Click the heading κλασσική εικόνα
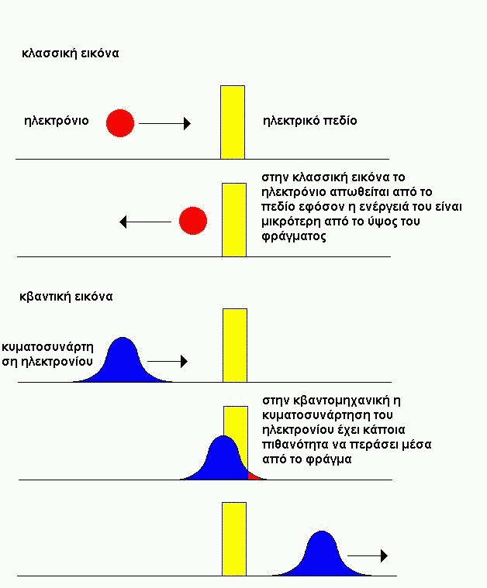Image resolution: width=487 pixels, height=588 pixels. [71, 53]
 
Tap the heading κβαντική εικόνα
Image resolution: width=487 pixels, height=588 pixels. [66, 297]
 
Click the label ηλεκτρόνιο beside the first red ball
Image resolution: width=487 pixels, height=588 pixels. [57, 121]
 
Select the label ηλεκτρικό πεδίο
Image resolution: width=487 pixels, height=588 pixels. [309, 121]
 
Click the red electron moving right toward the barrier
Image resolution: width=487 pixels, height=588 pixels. [120, 123]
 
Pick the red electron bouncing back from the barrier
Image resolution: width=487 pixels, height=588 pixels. [193, 221]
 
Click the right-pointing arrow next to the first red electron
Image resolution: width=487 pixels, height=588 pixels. [165, 123]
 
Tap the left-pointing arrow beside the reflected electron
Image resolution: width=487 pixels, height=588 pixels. [145, 222]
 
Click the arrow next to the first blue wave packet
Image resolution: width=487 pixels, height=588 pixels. [168, 361]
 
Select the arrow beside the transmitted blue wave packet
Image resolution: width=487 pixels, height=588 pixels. [368, 555]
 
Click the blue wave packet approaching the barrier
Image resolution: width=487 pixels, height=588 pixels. [123, 360]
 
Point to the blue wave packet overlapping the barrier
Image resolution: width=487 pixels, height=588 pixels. [218, 458]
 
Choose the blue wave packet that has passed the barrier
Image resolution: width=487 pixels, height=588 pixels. [322, 554]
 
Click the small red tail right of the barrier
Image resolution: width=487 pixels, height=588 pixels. [254, 476]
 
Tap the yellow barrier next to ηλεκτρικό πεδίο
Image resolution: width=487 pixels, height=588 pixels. [233, 122]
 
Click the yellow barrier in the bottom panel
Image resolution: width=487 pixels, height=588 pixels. [234, 539]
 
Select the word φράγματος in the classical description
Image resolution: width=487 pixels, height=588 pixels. [294, 236]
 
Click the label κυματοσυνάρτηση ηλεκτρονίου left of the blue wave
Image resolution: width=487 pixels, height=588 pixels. [47, 354]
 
